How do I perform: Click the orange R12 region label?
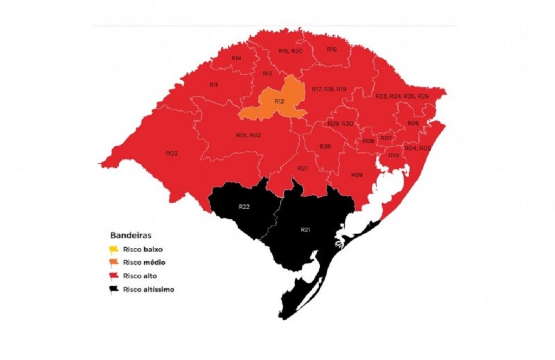click(279, 101)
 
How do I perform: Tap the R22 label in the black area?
click(244, 207)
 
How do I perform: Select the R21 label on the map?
click(305, 230)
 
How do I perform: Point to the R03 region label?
click(172, 153)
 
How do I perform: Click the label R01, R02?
click(248, 135)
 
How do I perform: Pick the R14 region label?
click(236, 58)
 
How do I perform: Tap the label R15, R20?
click(291, 51)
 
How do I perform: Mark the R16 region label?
click(332, 49)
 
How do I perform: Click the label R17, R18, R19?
click(329, 89)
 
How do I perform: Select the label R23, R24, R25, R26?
click(402, 96)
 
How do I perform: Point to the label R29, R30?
click(340, 124)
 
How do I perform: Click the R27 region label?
click(302, 169)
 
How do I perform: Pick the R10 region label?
click(394, 156)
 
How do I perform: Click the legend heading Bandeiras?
click(131, 236)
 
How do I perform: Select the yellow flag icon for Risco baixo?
click(114, 250)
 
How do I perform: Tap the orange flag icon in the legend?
click(114, 263)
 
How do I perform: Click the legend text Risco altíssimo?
click(149, 290)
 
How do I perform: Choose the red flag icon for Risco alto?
click(114, 276)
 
